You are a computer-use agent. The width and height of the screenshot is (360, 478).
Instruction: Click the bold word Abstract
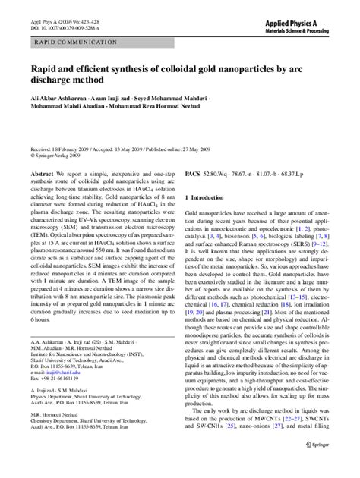coord(42,174)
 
